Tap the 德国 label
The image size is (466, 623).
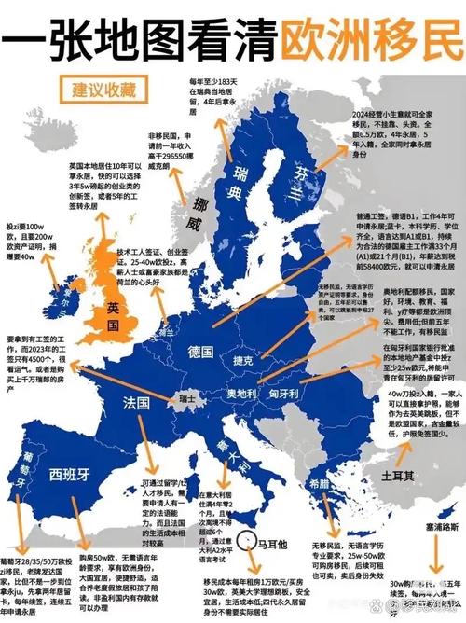click(201, 353)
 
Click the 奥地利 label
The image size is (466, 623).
click(239, 395)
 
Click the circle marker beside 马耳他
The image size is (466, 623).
click(247, 539)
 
